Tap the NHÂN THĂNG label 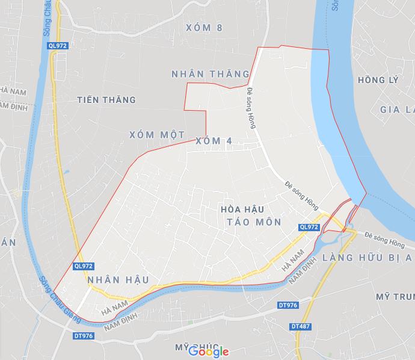210,73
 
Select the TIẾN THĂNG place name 106,99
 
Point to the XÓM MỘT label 156,135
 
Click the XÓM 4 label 214,141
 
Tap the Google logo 208,351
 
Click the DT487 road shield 300,326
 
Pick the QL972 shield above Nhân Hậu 83,265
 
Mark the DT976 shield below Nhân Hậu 83,335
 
